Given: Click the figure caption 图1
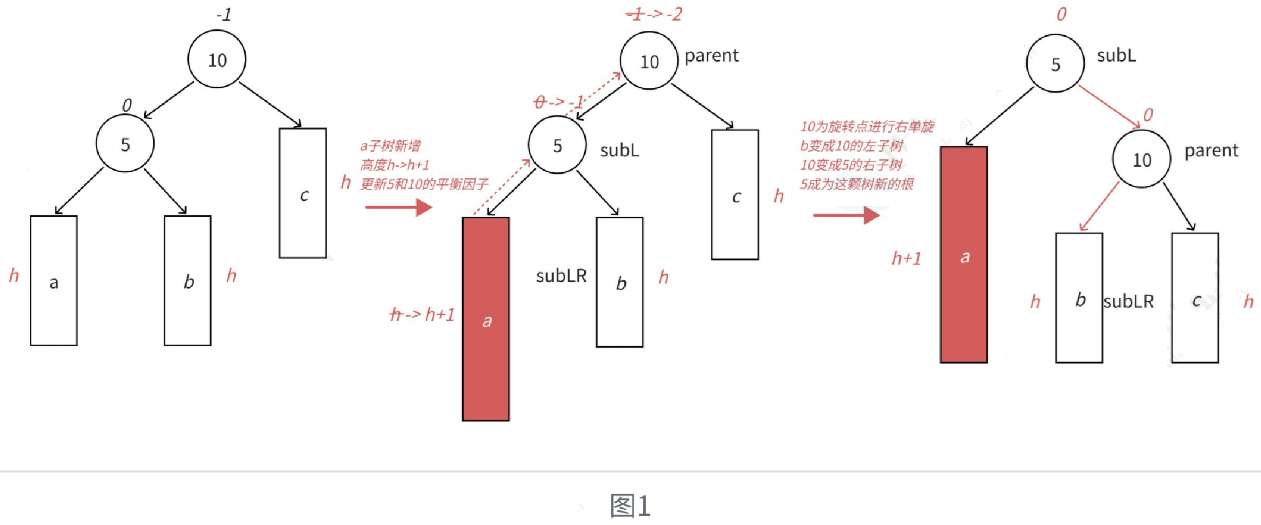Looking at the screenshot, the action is click(x=630, y=505).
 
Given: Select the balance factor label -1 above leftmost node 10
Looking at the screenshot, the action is click(x=224, y=15).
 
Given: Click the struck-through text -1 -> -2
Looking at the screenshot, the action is click(x=654, y=14).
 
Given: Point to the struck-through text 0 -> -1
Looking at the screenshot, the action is click(x=558, y=102).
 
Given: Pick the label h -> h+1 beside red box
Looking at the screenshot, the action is click(x=422, y=314).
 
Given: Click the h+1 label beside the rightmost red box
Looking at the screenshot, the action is click(x=906, y=258).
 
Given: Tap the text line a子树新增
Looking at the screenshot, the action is click(x=391, y=146).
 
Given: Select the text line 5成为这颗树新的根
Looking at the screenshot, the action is click(x=857, y=184).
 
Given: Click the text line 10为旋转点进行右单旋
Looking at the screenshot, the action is click(x=867, y=127).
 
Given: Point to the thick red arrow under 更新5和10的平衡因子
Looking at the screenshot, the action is click(x=399, y=207).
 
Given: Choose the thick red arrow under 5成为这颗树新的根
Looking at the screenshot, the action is click(x=846, y=215).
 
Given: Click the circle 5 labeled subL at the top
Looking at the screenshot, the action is click(x=1055, y=64).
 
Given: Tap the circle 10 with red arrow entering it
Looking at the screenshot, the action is click(x=1141, y=159).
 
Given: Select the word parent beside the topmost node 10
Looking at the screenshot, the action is click(x=712, y=55).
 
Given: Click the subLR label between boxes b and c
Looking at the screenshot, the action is click(x=1129, y=301).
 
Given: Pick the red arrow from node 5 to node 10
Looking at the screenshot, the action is click(x=1109, y=107).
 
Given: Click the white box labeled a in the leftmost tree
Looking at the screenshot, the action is click(x=54, y=280).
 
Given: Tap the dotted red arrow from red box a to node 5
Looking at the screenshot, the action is click(x=502, y=187).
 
